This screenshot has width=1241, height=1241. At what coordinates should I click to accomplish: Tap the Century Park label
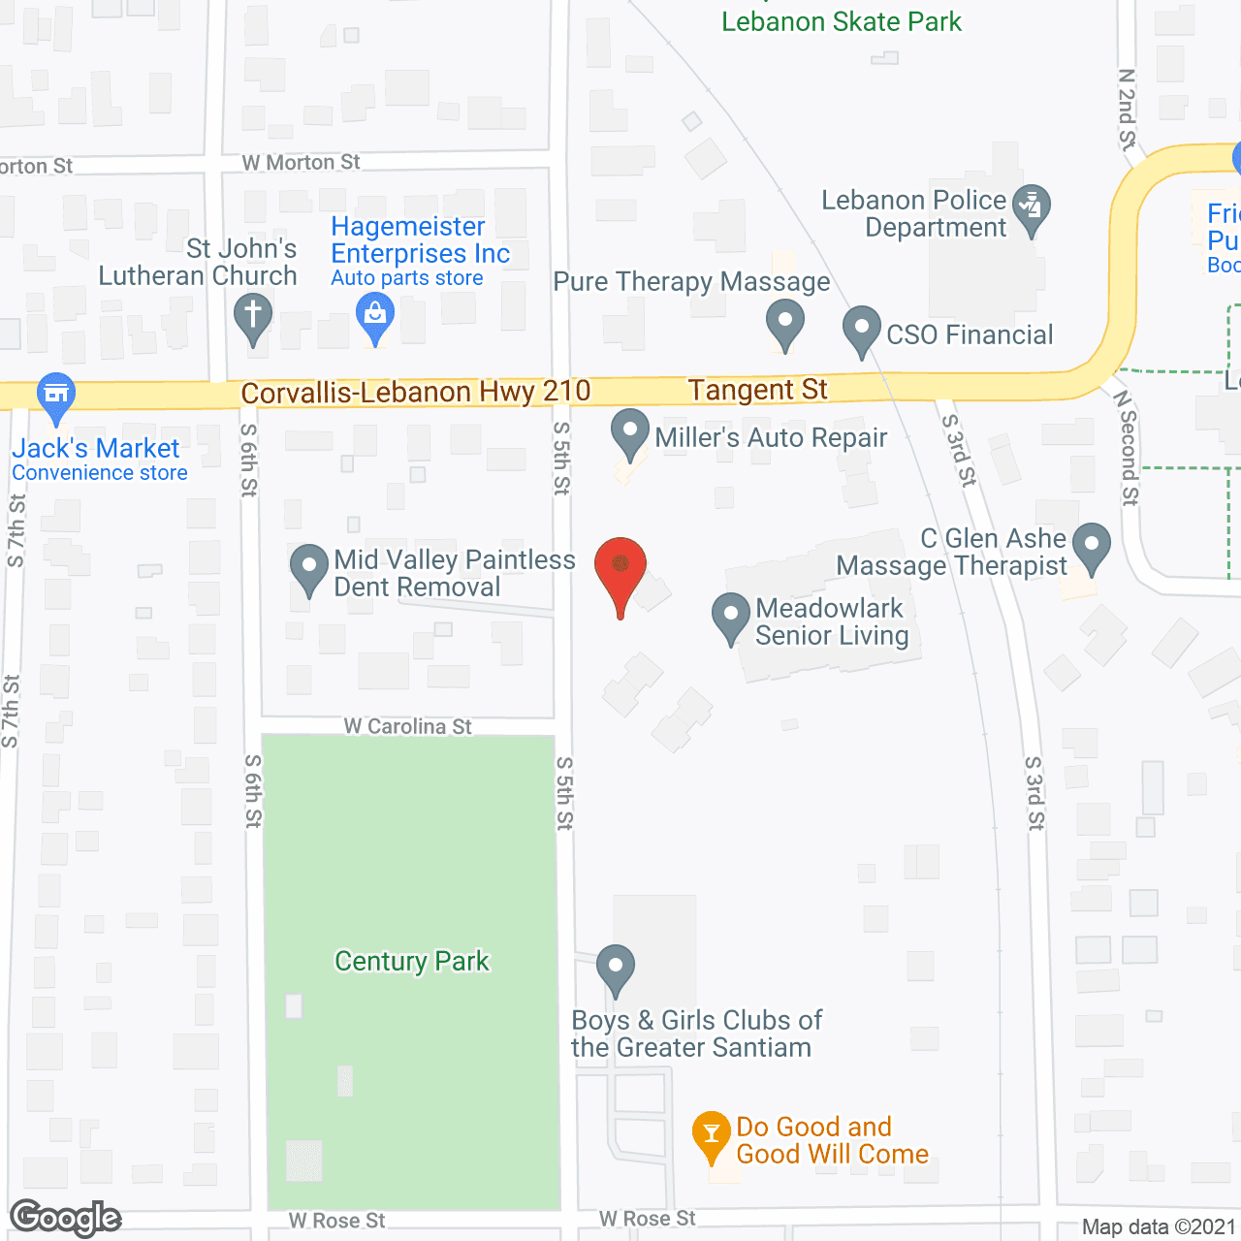point(412,961)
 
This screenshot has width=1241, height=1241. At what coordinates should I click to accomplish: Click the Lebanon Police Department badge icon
point(1031,207)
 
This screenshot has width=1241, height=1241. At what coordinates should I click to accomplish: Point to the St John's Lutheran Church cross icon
point(253,316)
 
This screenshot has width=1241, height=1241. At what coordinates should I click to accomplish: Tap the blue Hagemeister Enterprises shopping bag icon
point(375,315)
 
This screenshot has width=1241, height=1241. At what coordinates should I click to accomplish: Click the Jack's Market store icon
point(56,394)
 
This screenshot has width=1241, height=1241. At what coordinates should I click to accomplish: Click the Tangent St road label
point(757,390)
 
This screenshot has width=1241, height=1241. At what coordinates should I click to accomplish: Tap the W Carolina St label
point(407,726)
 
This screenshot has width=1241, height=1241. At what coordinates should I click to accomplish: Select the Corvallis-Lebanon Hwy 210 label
point(415,392)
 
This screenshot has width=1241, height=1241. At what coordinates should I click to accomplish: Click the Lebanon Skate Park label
point(842,21)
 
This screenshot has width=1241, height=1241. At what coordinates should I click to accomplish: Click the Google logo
point(66,1218)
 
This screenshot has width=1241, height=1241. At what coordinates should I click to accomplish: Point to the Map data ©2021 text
point(1159,1226)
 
